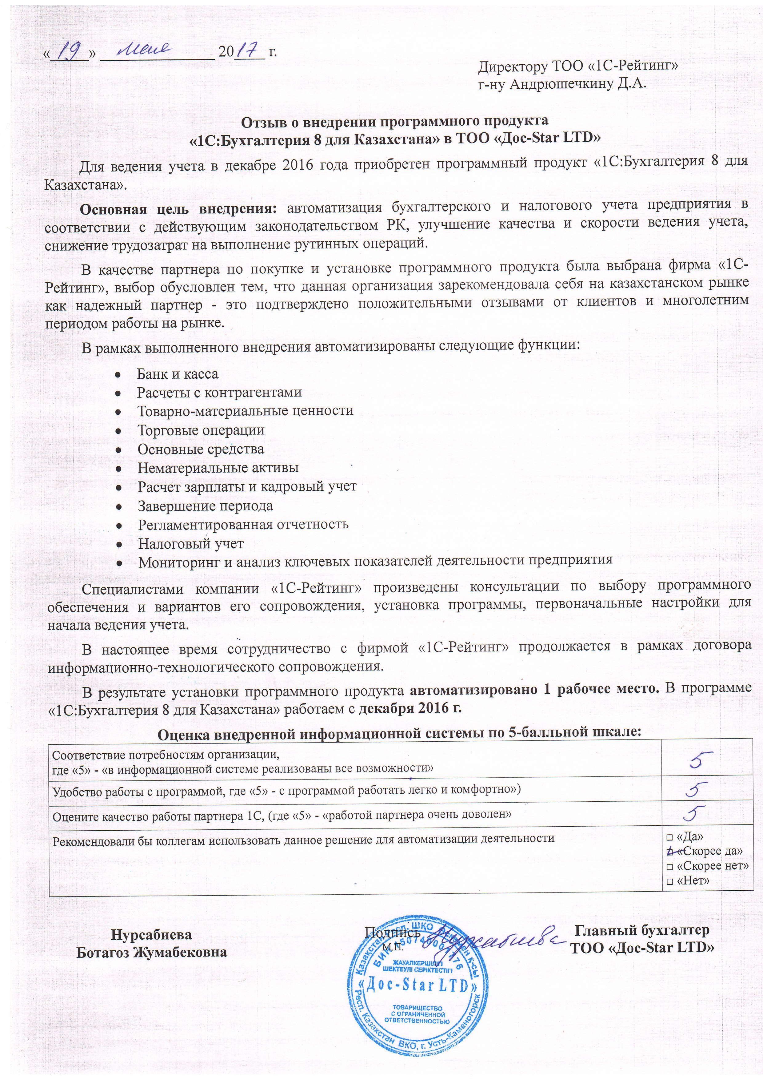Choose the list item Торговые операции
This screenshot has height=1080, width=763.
tap(201, 430)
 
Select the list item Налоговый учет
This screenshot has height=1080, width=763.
tap(191, 544)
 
